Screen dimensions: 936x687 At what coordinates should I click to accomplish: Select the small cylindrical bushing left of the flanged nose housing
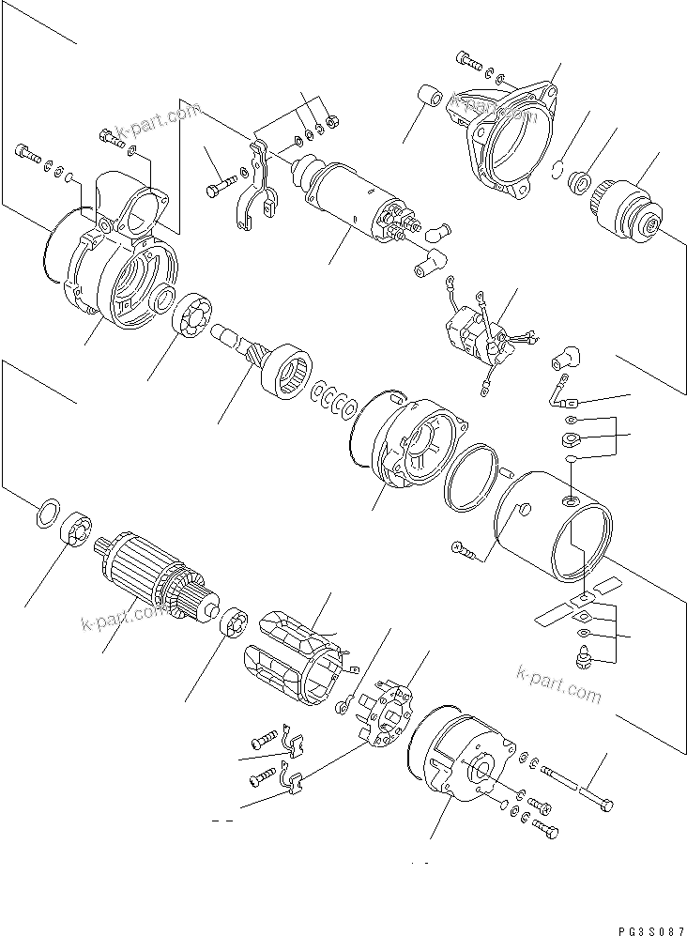432,98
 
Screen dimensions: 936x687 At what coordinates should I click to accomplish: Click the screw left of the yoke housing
465,549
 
